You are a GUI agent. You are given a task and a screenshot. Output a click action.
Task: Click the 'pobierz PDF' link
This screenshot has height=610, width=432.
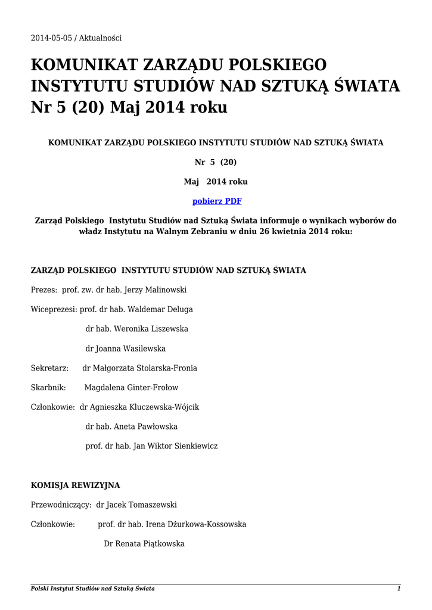(x=216, y=201)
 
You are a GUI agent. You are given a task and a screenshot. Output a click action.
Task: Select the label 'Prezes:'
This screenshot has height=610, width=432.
(x=44, y=290)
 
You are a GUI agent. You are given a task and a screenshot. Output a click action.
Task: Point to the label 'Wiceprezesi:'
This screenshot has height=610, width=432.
(x=54, y=310)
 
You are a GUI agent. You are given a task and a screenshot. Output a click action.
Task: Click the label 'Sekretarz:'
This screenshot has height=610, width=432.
(x=49, y=369)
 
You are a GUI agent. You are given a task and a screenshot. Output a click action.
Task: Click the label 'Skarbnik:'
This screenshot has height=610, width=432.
(x=48, y=388)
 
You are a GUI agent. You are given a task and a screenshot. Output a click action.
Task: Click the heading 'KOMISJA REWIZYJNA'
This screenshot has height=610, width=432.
(x=75, y=485)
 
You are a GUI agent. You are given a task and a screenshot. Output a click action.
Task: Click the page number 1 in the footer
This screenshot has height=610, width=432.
(x=399, y=589)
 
